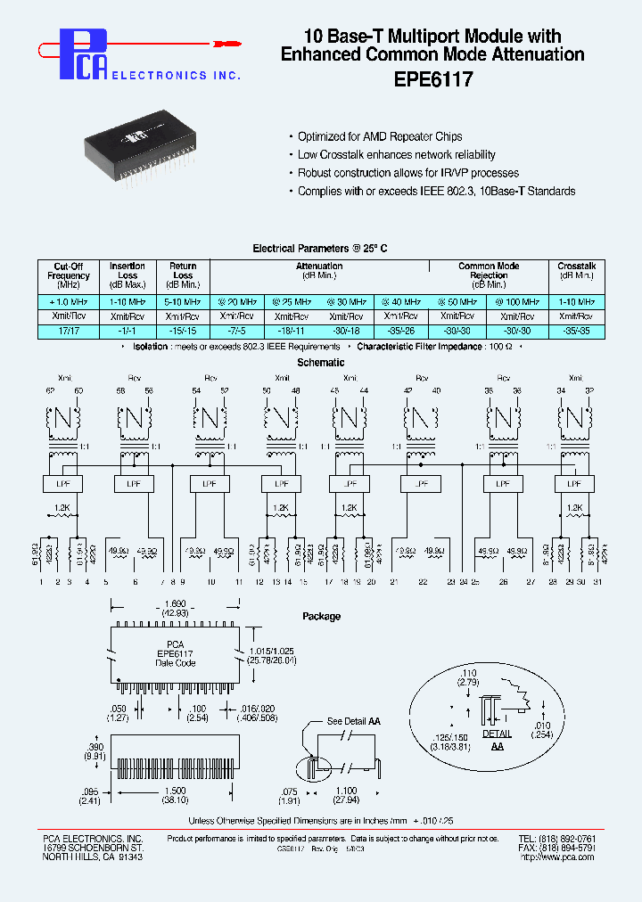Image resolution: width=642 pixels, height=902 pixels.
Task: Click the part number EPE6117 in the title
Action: pyautogui.click(x=432, y=78)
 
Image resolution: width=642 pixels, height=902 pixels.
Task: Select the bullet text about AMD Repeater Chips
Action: pyautogui.click(x=380, y=136)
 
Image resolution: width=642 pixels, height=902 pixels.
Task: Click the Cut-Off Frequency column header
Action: pyautogui.click(x=68, y=275)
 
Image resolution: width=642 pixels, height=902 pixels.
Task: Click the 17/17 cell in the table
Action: pyautogui.click(x=68, y=330)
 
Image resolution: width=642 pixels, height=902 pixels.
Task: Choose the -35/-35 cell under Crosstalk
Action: pyautogui.click(x=577, y=330)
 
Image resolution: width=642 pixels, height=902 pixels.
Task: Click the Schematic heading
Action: pyautogui.click(x=320, y=363)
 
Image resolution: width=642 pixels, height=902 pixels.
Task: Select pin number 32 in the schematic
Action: pyautogui.click(x=588, y=390)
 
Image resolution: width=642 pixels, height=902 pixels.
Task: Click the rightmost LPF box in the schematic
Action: pyautogui.click(x=572, y=483)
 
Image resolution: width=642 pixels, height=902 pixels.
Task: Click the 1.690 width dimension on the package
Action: pyautogui.click(x=175, y=602)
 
